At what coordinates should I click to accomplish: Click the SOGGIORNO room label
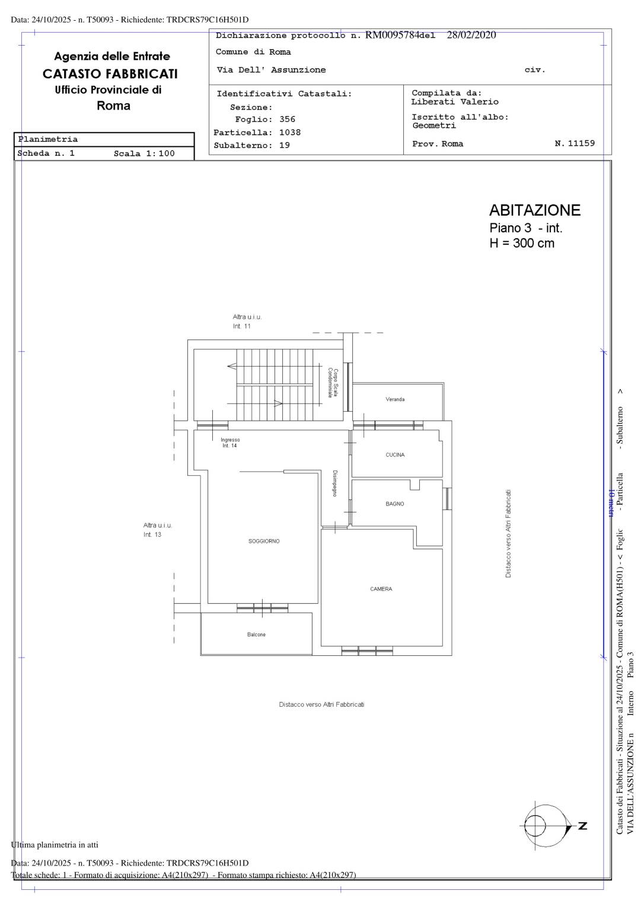[264, 541]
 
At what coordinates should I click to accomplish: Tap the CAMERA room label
[381, 589]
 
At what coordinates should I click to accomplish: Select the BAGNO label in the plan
[395, 504]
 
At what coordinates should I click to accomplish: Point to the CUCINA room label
[395, 454]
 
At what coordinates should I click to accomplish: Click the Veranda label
[395, 399]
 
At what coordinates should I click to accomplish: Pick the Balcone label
[256, 635]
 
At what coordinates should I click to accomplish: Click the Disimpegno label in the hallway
[335, 483]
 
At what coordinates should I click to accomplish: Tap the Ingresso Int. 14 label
[230, 443]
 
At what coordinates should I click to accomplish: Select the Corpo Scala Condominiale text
[333, 383]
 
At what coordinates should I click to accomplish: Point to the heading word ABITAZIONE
[535, 210]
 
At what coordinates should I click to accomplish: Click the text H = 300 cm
[522, 243]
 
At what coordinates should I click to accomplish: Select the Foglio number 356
[287, 120]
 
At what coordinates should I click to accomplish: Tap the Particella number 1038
[290, 133]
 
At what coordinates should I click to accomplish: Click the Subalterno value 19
[285, 145]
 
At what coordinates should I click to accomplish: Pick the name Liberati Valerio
[455, 102]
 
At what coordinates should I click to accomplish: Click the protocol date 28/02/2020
[471, 35]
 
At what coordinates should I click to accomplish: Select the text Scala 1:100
[144, 153]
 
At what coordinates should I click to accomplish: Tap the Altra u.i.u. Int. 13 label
[157, 530]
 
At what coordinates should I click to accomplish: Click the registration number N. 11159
[575, 143]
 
